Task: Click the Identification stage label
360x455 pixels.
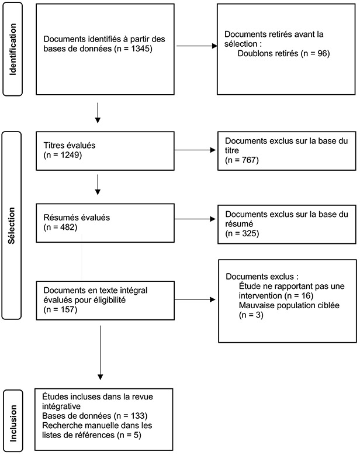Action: (13, 49)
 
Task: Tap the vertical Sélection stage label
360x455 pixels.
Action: (11, 226)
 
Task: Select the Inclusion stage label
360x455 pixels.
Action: (13, 423)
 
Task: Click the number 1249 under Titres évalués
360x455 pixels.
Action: (70, 155)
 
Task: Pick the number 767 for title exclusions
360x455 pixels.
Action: (250, 160)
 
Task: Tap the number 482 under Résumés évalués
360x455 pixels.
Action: (68, 227)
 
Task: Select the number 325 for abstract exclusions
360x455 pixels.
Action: (250, 233)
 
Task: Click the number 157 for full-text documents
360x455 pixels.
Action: (68, 309)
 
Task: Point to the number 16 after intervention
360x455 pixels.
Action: (306, 296)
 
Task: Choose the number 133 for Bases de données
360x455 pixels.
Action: (138, 416)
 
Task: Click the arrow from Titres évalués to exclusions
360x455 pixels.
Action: (195, 150)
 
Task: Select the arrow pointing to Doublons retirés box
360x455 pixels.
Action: (197, 46)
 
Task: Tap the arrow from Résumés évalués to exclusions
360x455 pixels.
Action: (195, 219)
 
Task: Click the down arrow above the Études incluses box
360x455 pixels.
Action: (101, 353)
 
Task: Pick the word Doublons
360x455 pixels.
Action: (253, 53)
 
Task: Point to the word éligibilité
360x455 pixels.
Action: (109, 300)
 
